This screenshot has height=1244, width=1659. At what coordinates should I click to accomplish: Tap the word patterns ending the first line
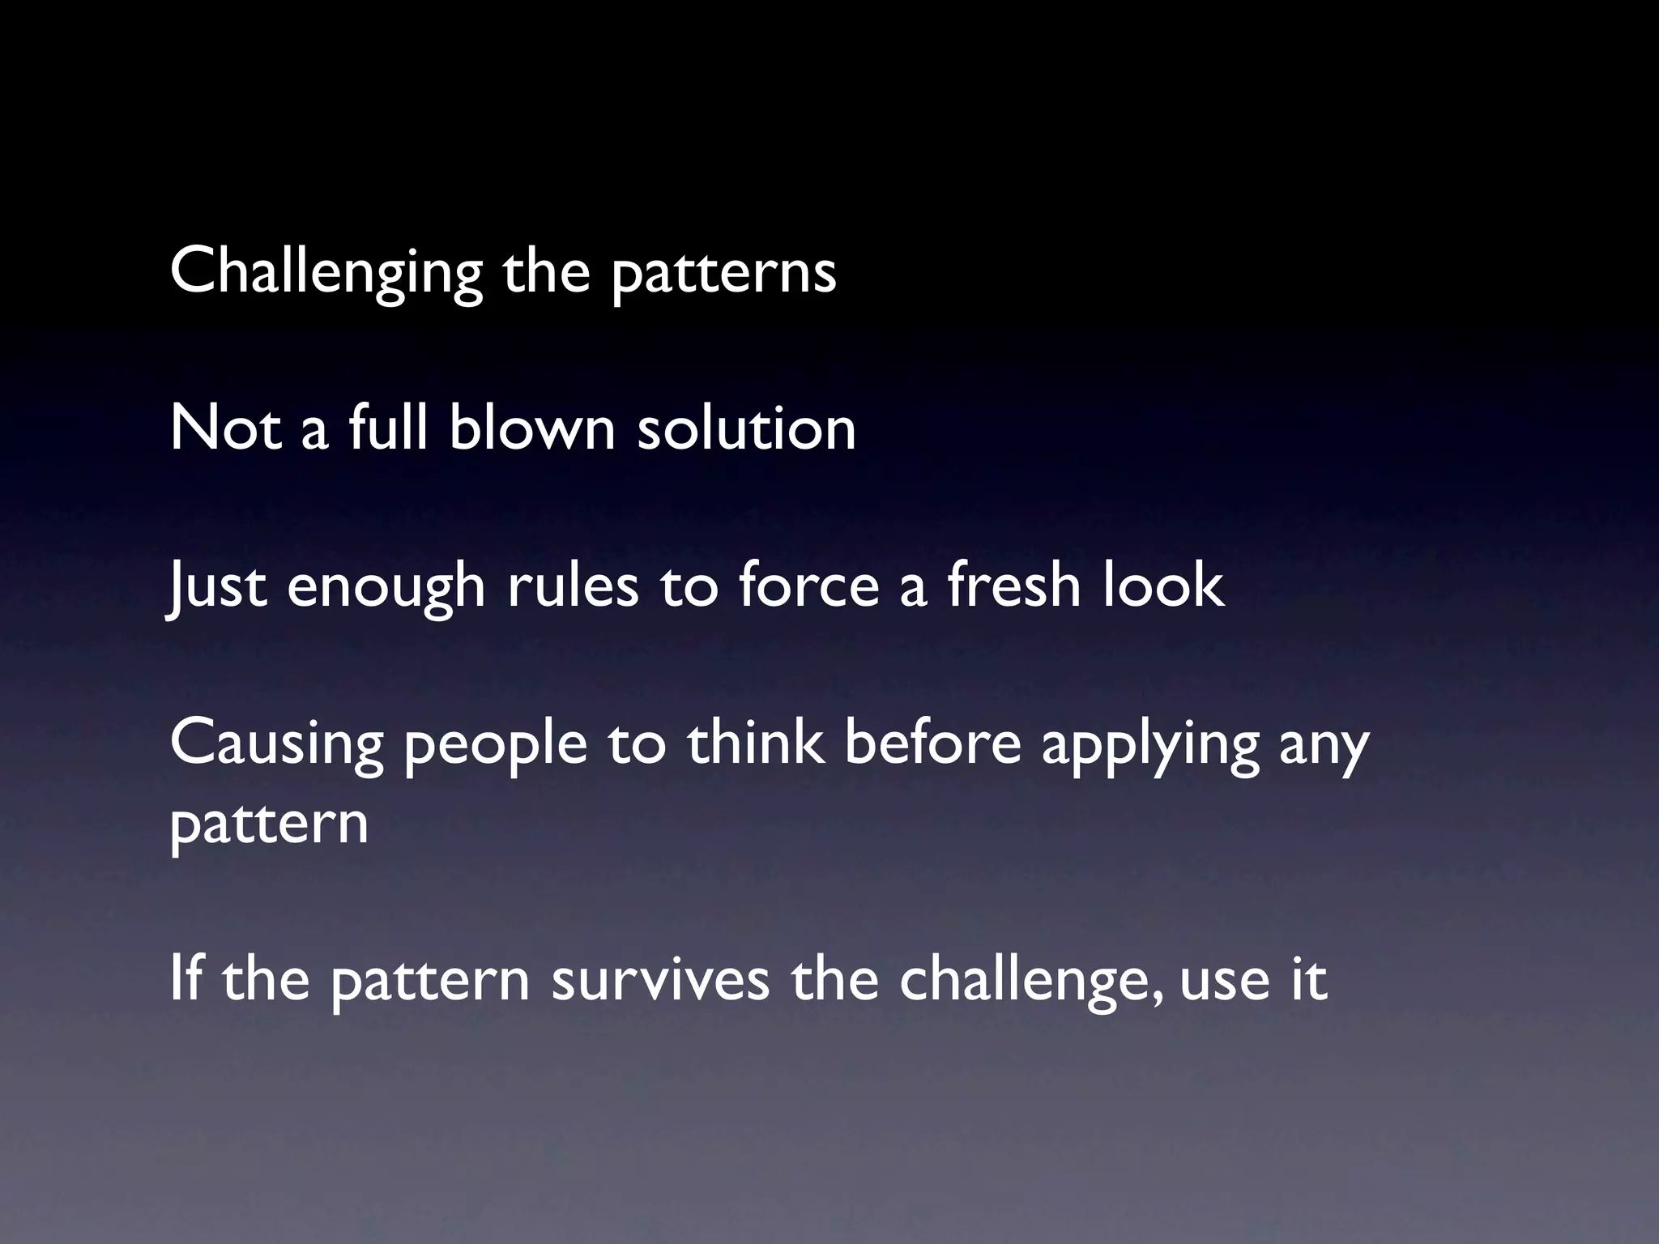(x=723, y=272)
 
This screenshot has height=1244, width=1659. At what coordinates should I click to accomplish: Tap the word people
(x=495, y=743)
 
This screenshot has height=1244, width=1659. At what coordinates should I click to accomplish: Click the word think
(x=756, y=743)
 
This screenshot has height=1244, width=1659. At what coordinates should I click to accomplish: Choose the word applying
(x=1150, y=743)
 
